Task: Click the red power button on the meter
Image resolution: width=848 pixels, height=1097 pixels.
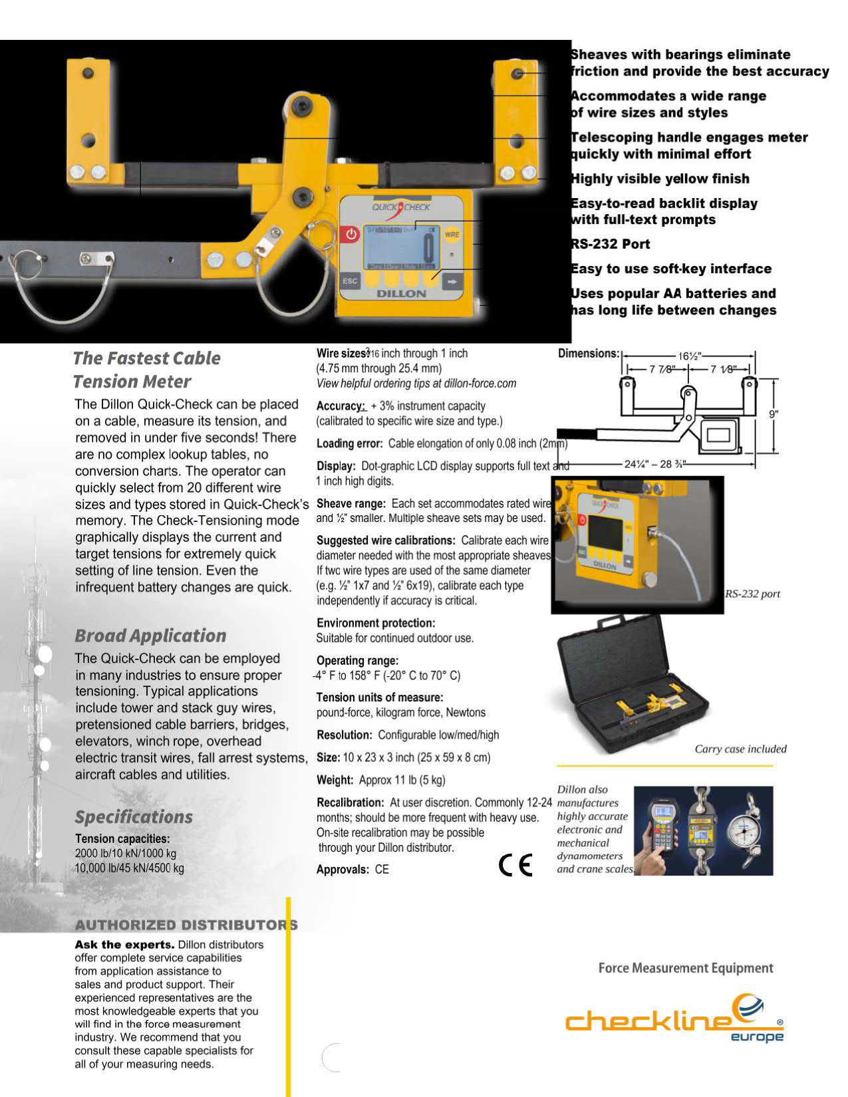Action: pyautogui.click(x=351, y=234)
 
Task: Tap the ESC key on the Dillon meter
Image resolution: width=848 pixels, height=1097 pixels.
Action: pyautogui.click(x=350, y=281)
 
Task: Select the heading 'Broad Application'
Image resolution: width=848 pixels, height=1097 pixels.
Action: pyautogui.click(x=150, y=636)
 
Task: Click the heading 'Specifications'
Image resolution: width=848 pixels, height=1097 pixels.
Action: pyautogui.click(x=134, y=817)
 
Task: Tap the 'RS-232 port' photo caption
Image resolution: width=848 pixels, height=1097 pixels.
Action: pyautogui.click(x=752, y=594)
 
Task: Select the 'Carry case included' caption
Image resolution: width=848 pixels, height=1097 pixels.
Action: pyautogui.click(x=740, y=749)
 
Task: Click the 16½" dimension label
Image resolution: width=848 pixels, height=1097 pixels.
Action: pyautogui.click(x=690, y=356)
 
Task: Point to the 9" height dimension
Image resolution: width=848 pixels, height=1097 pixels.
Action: pyautogui.click(x=773, y=414)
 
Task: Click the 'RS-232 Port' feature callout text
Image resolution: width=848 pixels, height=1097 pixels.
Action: pyautogui.click(x=611, y=244)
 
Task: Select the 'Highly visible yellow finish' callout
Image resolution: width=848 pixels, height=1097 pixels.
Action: pyautogui.click(x=660, y=179)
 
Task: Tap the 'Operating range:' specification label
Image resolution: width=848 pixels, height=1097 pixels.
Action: pyautogui.click(x=357, y=660)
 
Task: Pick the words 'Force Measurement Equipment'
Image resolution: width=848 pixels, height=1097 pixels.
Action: pyautogui.click(x=686, y=968)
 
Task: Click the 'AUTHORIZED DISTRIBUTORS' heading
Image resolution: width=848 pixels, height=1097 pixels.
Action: pyautogui.click(x=186, y=925)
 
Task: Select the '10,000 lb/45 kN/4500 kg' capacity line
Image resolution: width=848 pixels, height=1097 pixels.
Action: pyautogui.click(x=130, y=868)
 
